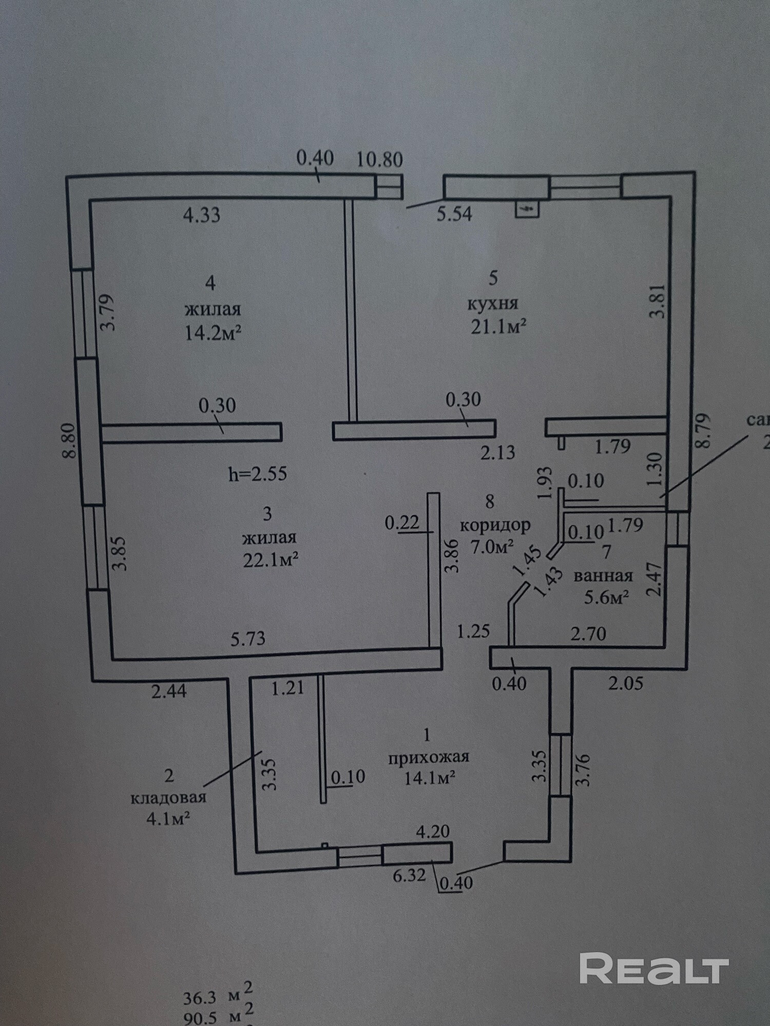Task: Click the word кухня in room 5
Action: click(x=492, y=303)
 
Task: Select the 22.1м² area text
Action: click(x=271, y=560)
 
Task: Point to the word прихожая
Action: click(x=429, y=757)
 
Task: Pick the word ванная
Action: click(x=603, y=576)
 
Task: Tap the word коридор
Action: click(x=495, y=525)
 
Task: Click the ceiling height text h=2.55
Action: click(x=257, y=473)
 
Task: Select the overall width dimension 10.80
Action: click(x=379, y=160)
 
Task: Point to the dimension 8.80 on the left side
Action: click(x=71, y=440)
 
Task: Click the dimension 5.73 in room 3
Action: click(x=248, y=638)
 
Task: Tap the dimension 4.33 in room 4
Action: click(x=202, y=214)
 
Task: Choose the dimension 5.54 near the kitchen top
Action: click(x=454, y=213)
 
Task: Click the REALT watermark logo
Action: click(x=654, y=968)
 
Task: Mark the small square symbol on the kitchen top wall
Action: click(x=527, y=209)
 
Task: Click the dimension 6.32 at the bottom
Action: click(x=409, y=875)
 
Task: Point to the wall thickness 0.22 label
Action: click(x=402, y=523)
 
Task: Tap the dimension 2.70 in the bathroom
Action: click(x=588, y=634)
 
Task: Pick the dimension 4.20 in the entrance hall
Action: click(x=433, y=832)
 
